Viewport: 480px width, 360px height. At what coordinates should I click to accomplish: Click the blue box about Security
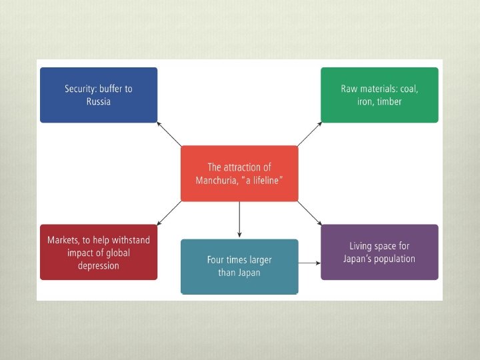[99, 95]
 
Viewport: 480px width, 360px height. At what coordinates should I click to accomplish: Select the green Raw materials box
[379, 95]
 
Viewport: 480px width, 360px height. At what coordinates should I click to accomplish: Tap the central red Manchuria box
[239, 173]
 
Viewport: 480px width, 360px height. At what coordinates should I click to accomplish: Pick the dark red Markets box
[99, 252]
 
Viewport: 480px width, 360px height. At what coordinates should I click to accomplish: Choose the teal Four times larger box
[239, 266]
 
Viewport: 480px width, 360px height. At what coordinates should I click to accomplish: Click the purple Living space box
[379, 252]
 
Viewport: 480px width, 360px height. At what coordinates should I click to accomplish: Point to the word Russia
[99, 102]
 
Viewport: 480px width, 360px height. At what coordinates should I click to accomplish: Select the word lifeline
[265, 181]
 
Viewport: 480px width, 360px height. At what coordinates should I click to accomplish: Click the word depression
[99, 265]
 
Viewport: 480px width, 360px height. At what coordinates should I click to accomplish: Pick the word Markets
[65, 239]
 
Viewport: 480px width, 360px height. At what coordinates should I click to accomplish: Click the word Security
[83, 89]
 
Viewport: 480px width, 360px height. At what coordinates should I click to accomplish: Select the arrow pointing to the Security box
[169, 134]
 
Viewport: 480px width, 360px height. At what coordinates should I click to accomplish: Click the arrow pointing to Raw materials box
[309, 134]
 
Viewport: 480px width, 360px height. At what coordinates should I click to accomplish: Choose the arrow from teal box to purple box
[309, 263]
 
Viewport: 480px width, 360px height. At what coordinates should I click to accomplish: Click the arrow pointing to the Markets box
[169, 212]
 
